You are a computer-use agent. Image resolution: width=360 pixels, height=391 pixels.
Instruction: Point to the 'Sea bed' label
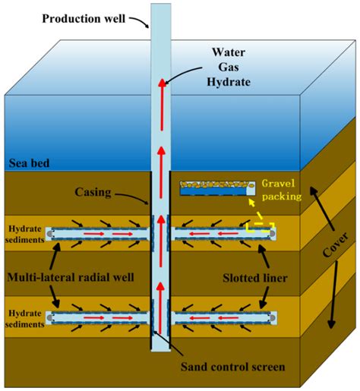click(x=29, y=162)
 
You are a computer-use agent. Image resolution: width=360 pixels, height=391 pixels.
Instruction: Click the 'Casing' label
click(x=112, y=193)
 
